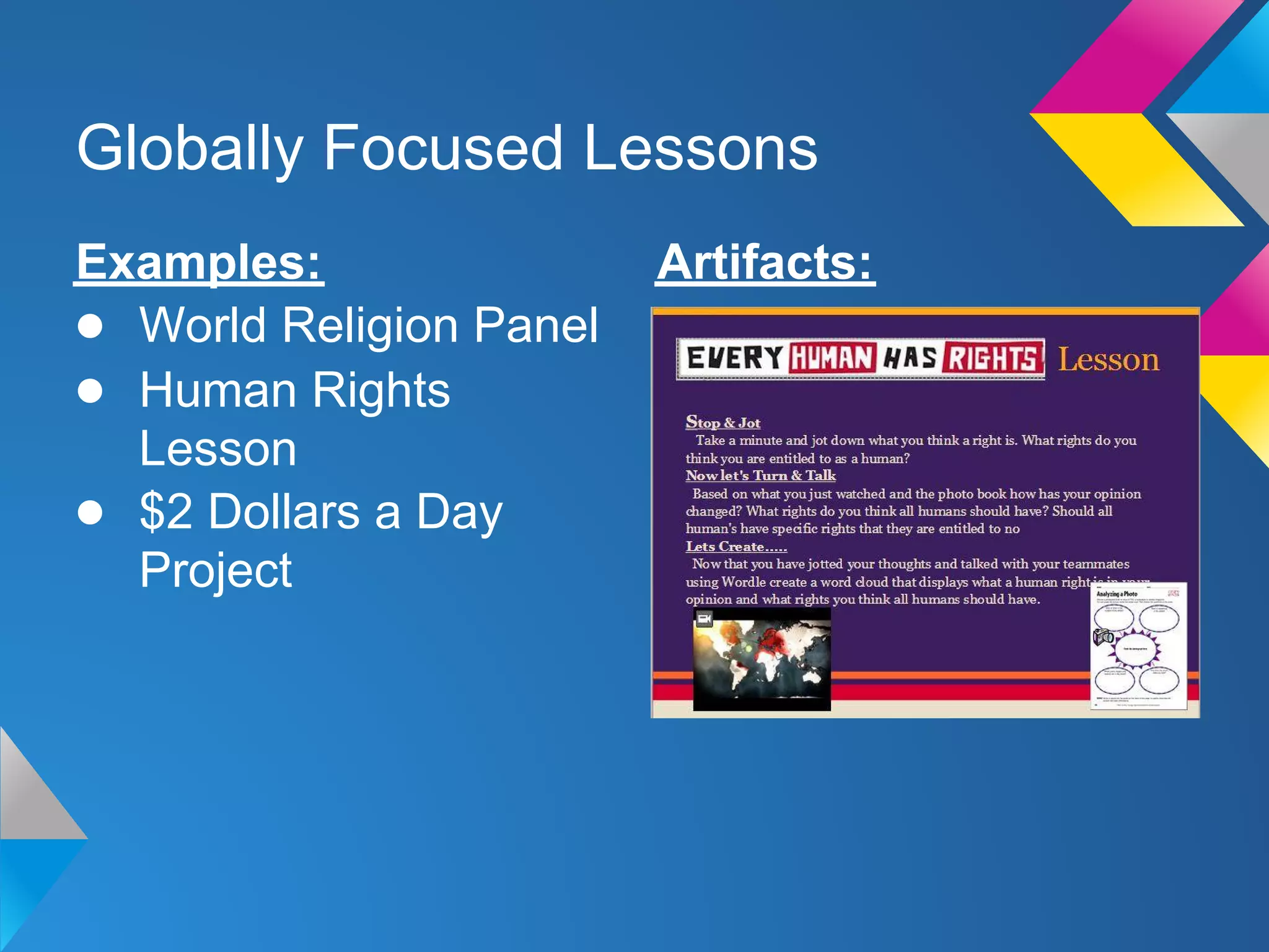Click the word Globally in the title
pos(189,149)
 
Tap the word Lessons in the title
pos(700,149)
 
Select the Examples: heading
pos(199,263)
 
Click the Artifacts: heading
pos(765,263)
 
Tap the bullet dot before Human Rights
pos(90,391)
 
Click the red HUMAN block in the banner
pos(832,358)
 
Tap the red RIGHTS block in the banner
pos(991,358)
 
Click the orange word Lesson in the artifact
pos(1108,359)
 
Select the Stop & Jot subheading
pos(722,423)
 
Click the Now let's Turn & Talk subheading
pos(760,475)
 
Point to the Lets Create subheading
pos(735,547)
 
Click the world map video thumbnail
pos(762,660)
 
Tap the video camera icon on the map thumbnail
pos(704,619)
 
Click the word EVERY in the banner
pos(735,358)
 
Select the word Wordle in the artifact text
pos(743,582)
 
